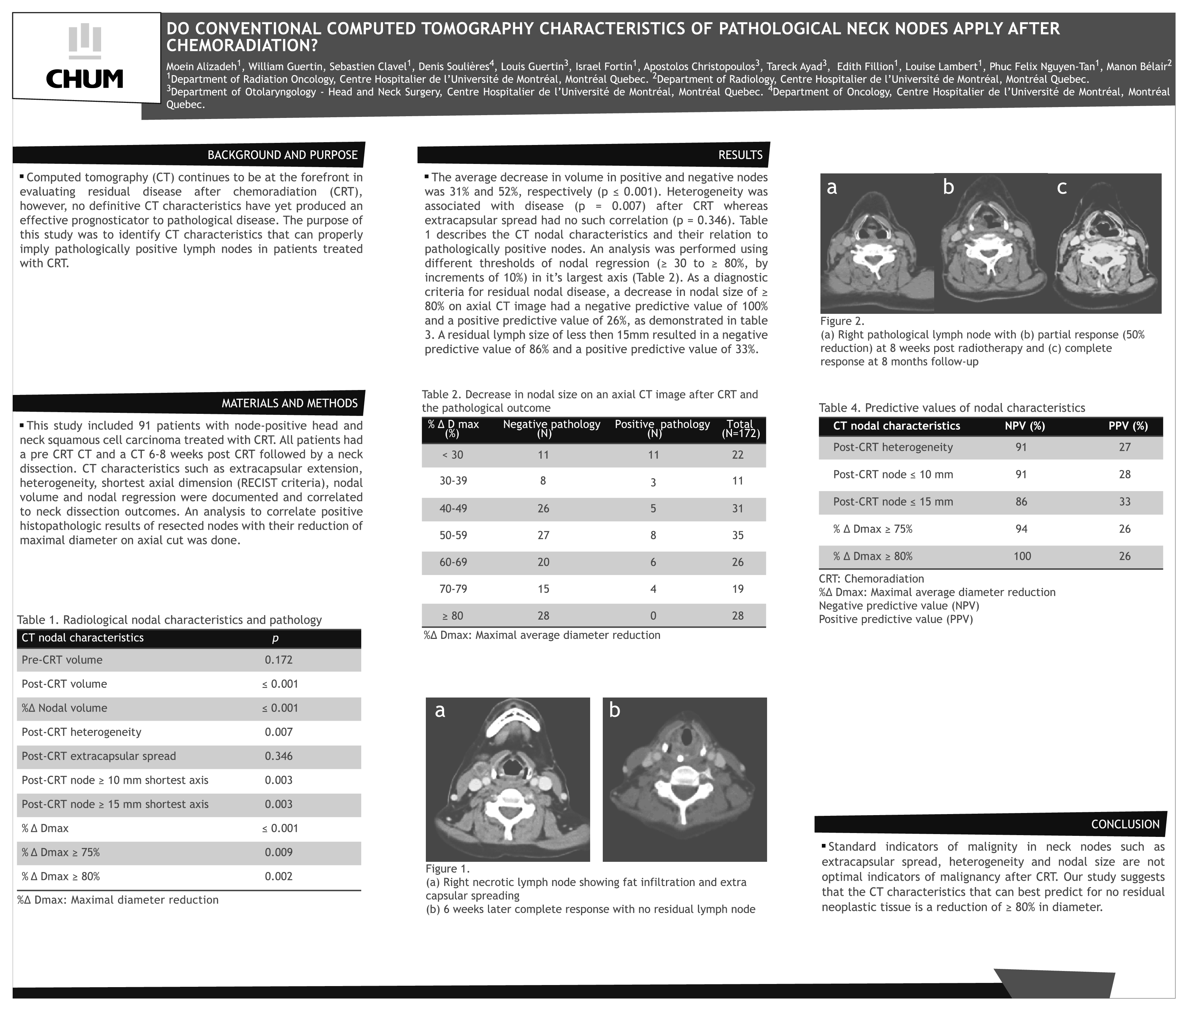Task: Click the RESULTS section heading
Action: click(x=740, y=155)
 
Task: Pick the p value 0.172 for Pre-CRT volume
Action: click(x=278, y=660)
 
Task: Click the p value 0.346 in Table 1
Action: click(x=278, y=756)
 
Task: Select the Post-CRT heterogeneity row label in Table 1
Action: click(x=81, y=732)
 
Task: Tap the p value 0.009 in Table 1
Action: click(x=278, y=852)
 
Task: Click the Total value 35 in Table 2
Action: click(x=738, y=535)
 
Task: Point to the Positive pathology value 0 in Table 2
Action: click(x=653, y=615)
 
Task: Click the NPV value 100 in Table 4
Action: click(x=1022, y=556)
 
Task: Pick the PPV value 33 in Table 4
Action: click(x=1124, y=502)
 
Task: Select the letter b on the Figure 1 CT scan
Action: click(x=614, y=711)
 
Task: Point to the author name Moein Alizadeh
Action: click(x=202, y=66)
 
